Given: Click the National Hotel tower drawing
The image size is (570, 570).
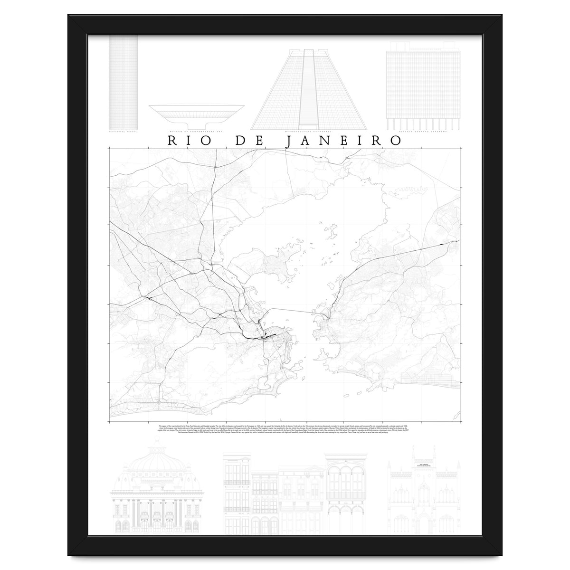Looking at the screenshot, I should coord(123,81).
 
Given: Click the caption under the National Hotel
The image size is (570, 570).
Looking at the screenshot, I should coord(123,131).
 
